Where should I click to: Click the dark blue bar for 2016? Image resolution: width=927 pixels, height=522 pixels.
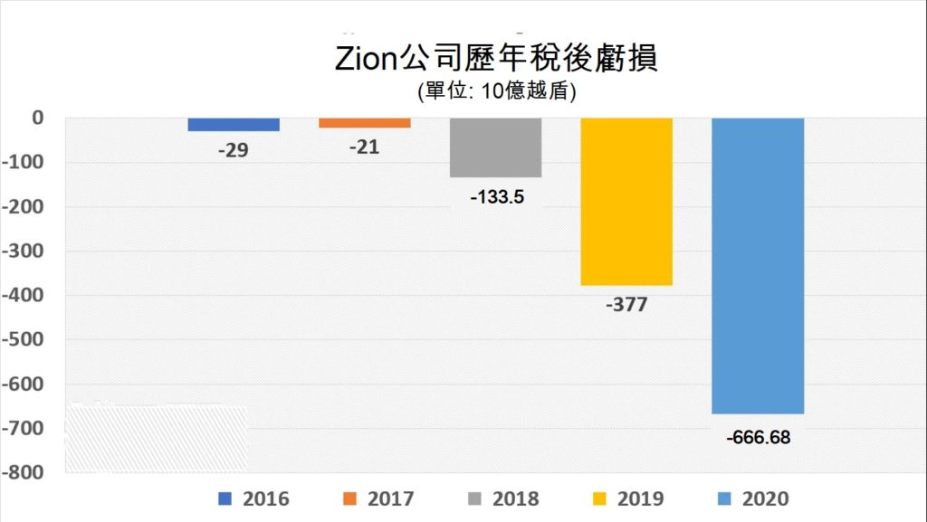234,125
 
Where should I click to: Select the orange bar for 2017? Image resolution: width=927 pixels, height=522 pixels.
364,123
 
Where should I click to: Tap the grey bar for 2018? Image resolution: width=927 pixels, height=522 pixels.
495,147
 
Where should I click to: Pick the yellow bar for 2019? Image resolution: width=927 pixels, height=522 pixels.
626,202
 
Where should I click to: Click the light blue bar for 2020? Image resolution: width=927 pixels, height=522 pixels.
758,266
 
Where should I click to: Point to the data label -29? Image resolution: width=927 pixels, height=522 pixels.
234,151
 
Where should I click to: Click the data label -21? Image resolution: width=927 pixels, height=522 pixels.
364,147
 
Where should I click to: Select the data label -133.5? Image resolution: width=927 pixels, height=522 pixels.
496,196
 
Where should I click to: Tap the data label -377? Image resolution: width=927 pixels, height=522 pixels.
626,305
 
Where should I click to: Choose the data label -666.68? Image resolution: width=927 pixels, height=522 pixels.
759,438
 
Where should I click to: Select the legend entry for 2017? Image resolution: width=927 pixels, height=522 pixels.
378,498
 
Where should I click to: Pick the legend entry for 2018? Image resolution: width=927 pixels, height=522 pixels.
503,498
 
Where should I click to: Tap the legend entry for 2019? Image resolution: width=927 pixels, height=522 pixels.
628,498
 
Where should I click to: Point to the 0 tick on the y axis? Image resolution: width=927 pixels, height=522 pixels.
38,118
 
